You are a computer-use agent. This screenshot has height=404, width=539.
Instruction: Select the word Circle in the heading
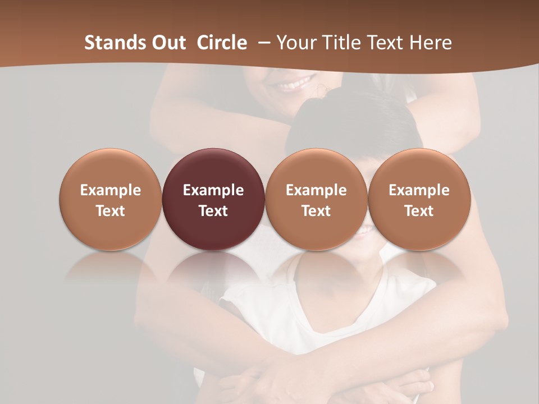[x=222, y=43]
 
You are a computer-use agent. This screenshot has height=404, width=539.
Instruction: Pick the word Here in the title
[x=430, y=43]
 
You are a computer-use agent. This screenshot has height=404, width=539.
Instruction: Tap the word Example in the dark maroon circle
[x=213, y=190]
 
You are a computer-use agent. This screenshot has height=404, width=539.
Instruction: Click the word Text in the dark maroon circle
[x=213, y=211]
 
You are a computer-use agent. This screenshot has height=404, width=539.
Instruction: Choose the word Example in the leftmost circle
[x=111, y=190]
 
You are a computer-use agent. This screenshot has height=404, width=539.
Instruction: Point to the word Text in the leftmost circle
[x=111, y=211]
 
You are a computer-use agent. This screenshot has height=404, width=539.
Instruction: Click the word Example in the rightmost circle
[x=419, y=190]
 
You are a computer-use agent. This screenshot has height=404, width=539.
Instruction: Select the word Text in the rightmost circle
[x=419, y=211]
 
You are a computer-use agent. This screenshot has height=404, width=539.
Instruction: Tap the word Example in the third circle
[x=316, y=190]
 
